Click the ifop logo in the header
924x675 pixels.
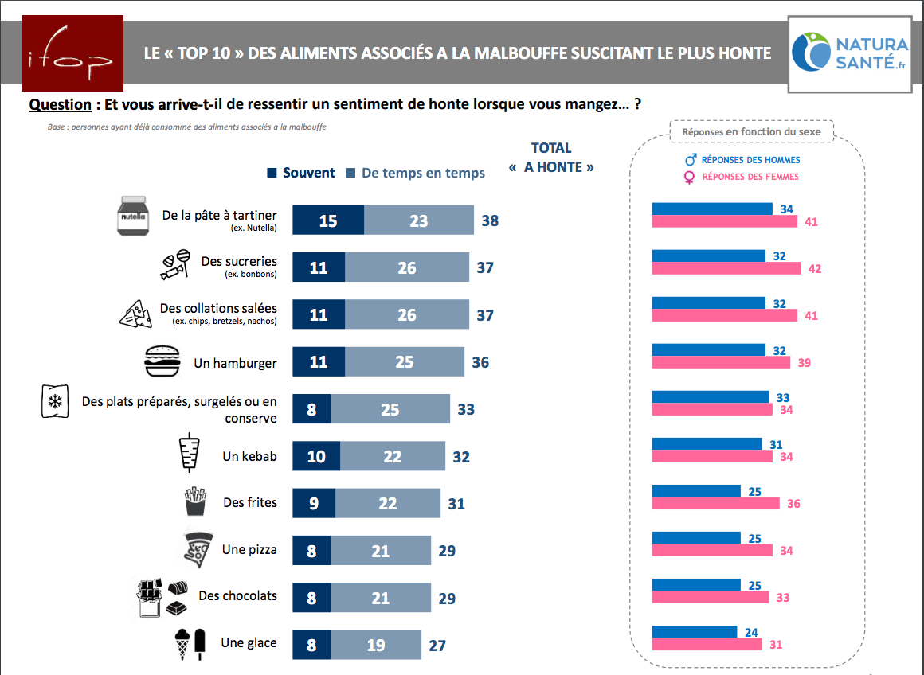pyautogui.click(x=72, y=53)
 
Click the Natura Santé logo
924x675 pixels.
pyautogui.click(x=849, y=54)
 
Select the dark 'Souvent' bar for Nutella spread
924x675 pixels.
pyautogui.click(x=328, y=220)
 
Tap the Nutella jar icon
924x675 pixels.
pyautogui.click(x=133, y=216)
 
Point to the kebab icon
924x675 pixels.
pyautogui.click(x=189, y=455)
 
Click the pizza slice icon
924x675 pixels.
pyautogui.click(x=196, y=549)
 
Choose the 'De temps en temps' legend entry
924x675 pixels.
pyautogui.click(x=415, y=173)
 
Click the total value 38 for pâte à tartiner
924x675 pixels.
pyautogui.click(x=490, y=220)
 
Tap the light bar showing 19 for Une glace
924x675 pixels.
pyautogui.click(x=376, y=645)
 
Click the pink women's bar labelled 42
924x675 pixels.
pyautogui.click(x=726, y=269)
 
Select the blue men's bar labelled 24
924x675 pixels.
pyautogui.click(x=694, y=632)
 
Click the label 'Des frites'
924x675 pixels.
pyautogui.click(x=250, y=502)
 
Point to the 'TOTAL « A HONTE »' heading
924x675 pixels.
pyautogui.click(x=551, y=158)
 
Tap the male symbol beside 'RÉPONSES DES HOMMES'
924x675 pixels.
pyautogui.click(x=691, y=160)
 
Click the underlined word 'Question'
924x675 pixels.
pyautogui.click(x=61, y=105)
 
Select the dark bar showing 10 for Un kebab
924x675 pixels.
pyautogui.click(x=316, y=456)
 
